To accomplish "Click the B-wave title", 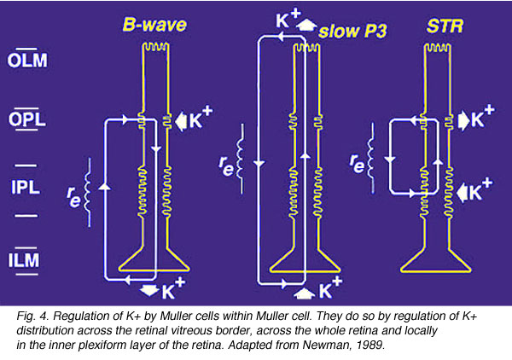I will pyautogui.click(x=154, y=26).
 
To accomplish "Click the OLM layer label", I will pyautogui.click(x=27, y=61).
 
